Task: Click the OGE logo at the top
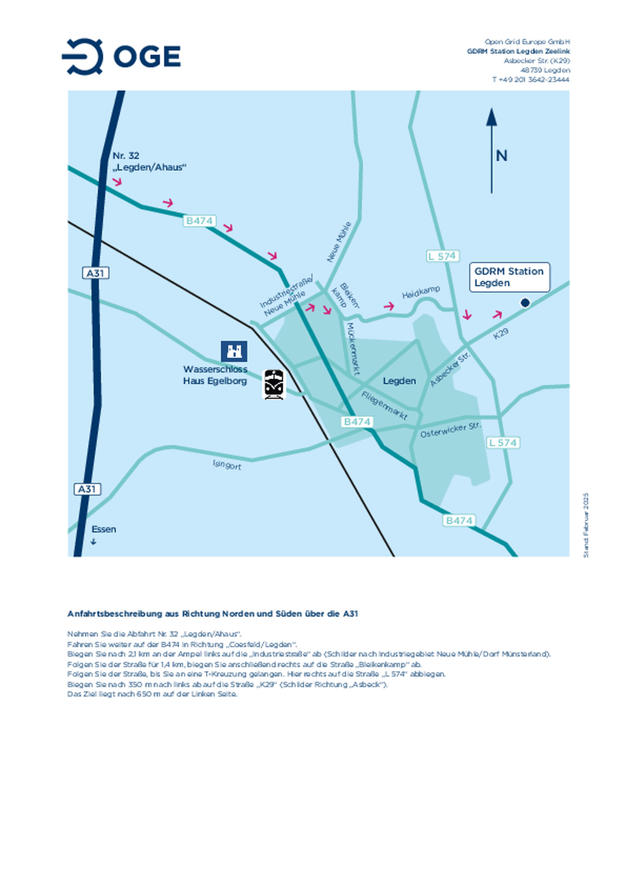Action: pos(121,57)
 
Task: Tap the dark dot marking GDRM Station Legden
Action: pos(525,303)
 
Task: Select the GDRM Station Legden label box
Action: pos(509,277)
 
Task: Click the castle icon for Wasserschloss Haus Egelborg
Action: pos(234,351)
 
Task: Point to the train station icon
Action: pos(274,384)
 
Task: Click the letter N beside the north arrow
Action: pos(501,156)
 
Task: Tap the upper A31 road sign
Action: pos(95,273)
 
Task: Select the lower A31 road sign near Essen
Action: pos(87,489)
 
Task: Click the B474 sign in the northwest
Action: pos(199,221)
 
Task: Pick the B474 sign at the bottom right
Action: pos(459,520)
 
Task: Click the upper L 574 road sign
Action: pos(442,256)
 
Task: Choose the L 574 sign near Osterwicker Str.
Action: pos(503,443)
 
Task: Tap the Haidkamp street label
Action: pos(420,292)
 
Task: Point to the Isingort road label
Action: pos(226,465)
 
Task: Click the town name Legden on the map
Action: pos(399,381)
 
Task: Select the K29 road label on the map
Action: pos(500,333)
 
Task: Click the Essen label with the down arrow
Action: pos(103,530)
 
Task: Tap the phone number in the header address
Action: pos(530,80)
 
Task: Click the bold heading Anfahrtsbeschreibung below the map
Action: pos(212,613)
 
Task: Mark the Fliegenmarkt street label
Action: pos(384,406)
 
